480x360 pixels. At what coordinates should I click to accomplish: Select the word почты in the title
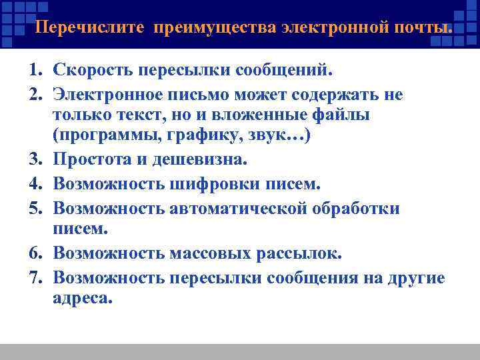(423, 29)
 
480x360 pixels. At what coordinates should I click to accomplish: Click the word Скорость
(91, 70)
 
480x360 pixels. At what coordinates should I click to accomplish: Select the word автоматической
(245, 209)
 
